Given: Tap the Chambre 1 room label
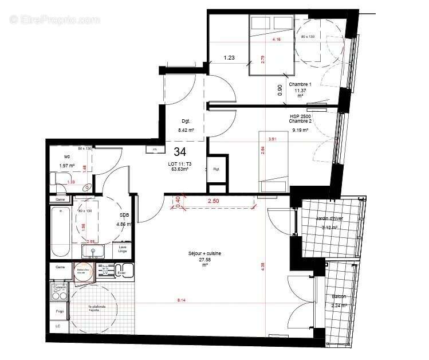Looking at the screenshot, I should [303, 84].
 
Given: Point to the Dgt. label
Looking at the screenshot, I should [185, 122].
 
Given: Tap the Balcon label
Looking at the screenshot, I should [339, 296].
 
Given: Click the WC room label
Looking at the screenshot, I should [67, 156].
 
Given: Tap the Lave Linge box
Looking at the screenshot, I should [123, 249].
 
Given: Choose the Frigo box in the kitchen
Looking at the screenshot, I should [60, 311].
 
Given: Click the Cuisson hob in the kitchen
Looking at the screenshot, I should [60, 292].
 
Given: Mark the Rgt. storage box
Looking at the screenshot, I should [217, 170].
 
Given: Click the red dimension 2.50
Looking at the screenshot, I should [213, 201].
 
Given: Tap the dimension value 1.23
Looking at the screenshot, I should [229, 57].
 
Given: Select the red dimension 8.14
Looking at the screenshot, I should [182, 300].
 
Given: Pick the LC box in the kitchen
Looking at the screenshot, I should [58, 326].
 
